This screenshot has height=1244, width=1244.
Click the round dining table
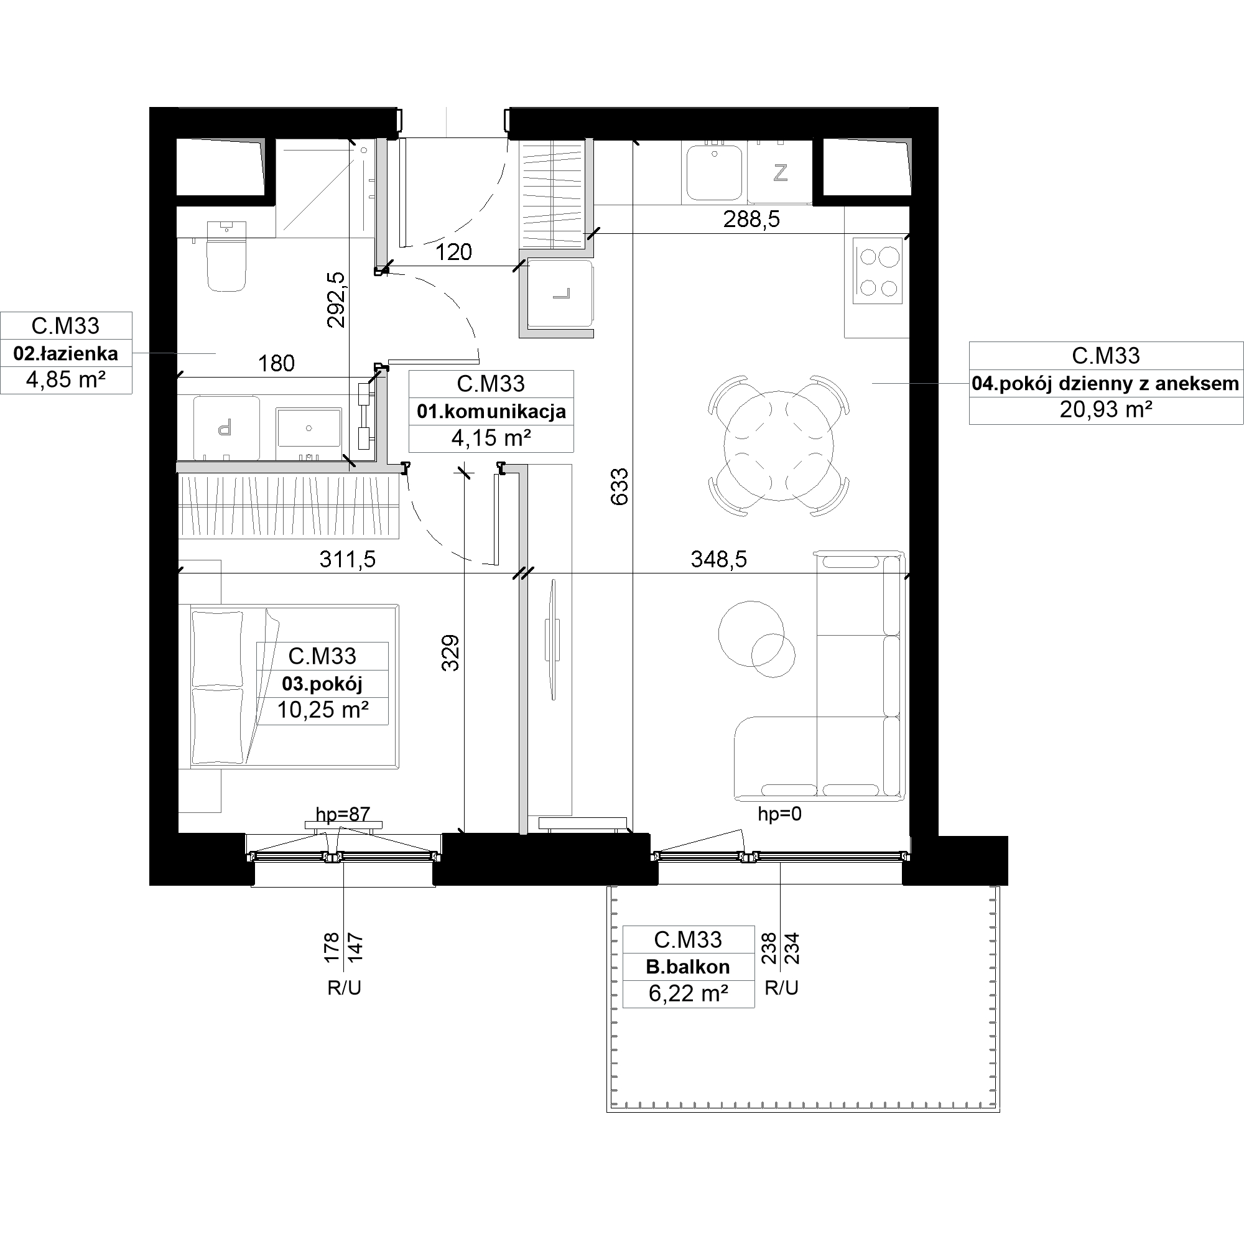click(x=779, y=445)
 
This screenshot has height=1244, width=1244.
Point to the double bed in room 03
click(x=294, y=687)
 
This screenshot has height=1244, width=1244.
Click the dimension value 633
click(x=620, y=487)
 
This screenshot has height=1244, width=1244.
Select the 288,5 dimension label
click(x=751, y=220)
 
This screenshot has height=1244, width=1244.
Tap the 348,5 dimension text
click(x=718, y=560)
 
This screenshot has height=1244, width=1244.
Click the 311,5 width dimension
click(x=347, y=560)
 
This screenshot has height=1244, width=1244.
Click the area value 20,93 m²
click(x=1105, y=409)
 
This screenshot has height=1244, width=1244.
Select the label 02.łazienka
click(x=66, y=353)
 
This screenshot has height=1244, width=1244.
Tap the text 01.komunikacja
click(x=491, y=411)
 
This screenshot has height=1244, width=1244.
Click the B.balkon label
click(x=688, y=967)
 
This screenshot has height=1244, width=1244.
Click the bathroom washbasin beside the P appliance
click(x=309, y=427)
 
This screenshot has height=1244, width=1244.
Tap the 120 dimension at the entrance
click(x=453, y=253)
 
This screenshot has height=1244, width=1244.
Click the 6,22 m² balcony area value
click(x=689, y=994)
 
